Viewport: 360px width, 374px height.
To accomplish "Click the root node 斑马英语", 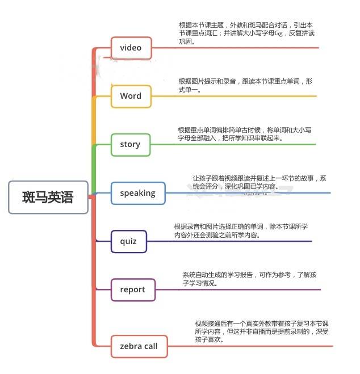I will coord(48,197).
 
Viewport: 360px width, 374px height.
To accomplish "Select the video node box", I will coord(131,48).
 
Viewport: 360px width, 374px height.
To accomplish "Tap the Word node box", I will coord(131,96).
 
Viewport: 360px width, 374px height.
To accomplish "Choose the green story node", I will coord(130,144).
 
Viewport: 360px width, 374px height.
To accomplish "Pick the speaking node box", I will coord(137,193).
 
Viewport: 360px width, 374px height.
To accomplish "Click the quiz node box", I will coord(128,241).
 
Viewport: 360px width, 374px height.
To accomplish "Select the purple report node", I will coord(132,289).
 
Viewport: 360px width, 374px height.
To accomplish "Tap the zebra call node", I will coord(139,346).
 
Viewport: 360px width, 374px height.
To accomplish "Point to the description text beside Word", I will coord(245,85).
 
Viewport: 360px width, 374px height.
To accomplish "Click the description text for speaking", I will coord(259,182).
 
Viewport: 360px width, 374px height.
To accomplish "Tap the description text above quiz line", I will coord(241,230).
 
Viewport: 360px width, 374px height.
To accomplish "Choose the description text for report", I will coord(249,279).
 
